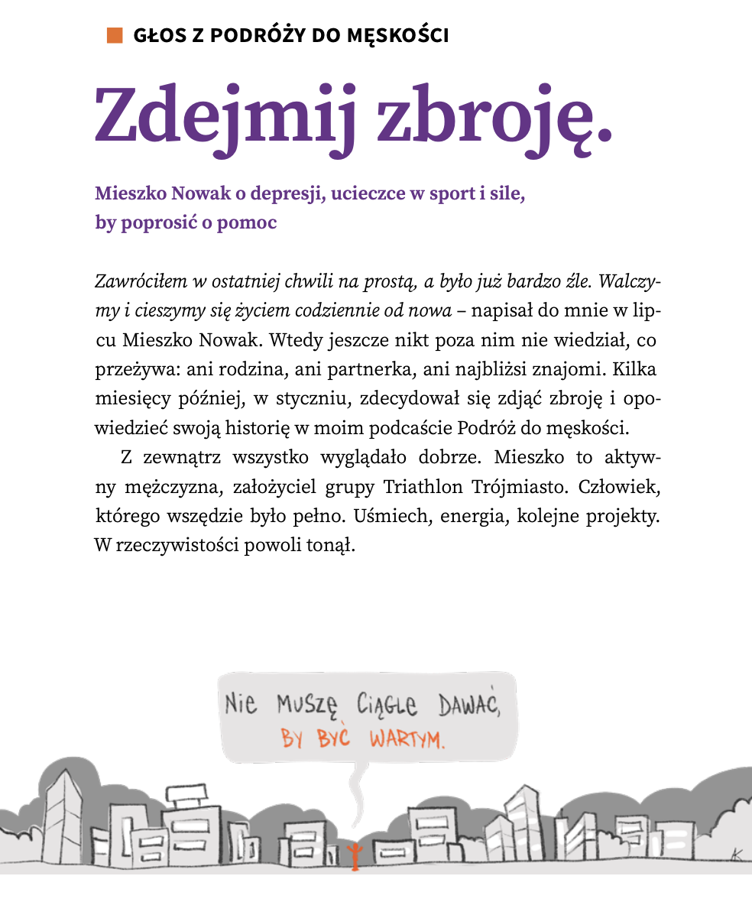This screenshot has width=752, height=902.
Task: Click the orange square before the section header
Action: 115,35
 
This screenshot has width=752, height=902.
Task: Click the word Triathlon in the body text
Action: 420,487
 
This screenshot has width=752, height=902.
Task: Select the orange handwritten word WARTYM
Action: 407,740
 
